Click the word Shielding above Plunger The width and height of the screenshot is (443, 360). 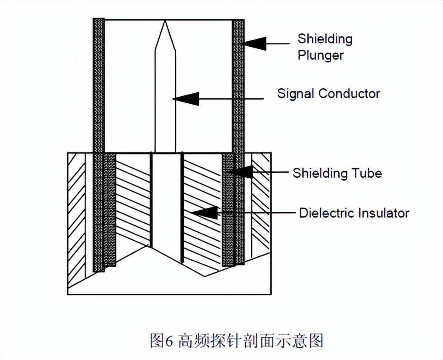(325, 39)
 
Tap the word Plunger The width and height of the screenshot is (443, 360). (320, 55)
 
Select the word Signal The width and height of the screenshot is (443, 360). (296, 93)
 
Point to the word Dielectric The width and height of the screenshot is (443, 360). (327, 213)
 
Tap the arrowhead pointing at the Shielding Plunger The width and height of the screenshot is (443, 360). (255, 43)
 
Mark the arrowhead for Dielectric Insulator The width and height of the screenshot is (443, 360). (205, 213)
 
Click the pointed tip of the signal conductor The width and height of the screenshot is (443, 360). (165, 22)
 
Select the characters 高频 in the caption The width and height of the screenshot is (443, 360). (194, 340)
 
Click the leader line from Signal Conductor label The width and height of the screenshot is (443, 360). (231, 99)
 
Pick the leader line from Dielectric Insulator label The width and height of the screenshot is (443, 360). (257, 213)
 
